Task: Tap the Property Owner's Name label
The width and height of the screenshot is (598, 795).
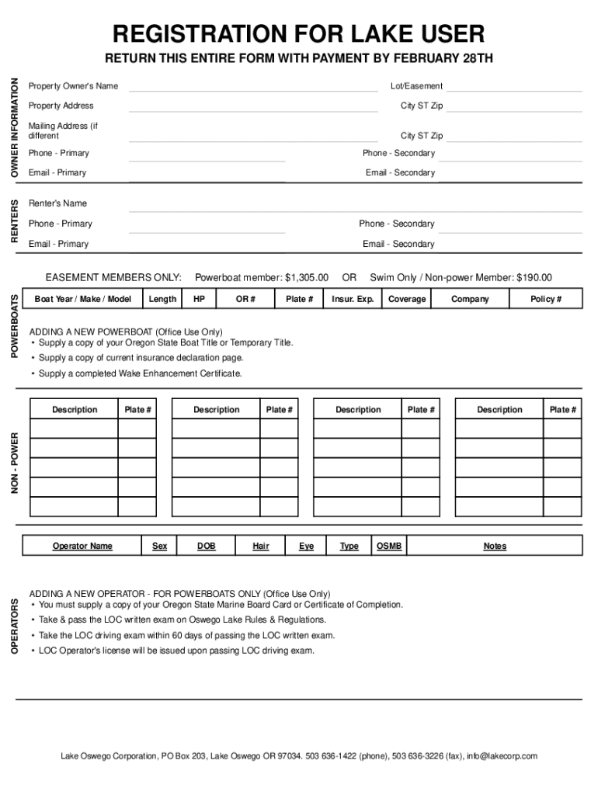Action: [73, 85]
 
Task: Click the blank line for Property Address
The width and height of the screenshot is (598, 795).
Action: [253, 110]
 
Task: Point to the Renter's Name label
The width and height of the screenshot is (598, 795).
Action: [57, 203]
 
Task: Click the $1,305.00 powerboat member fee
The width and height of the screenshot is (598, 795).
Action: [307, 277]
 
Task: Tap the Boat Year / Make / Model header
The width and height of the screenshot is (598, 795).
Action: [83, 299]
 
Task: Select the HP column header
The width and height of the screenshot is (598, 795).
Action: [200, 299]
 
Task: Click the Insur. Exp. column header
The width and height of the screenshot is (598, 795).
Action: [353, 299]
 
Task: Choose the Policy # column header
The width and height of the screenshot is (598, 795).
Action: [546, 299]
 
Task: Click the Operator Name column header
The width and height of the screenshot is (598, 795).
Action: [82, 546]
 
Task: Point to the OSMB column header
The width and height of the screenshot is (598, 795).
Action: [389, 546]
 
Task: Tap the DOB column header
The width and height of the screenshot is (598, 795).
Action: [206, 546]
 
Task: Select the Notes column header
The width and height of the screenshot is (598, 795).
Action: [495, 546]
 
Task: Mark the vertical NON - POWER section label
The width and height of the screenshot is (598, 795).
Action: [14, 464]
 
